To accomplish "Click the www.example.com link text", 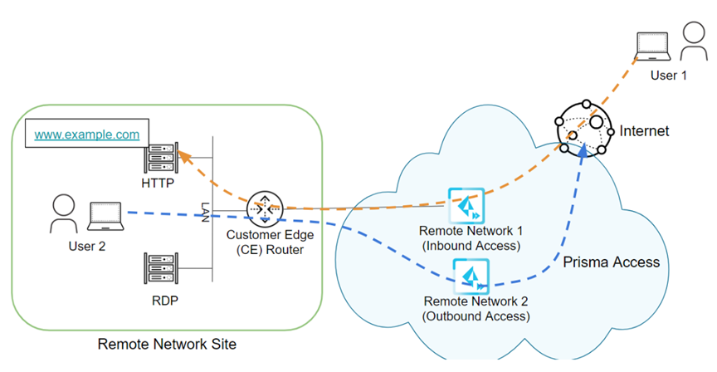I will click(x=87, y=134).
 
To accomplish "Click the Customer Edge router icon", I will click(x=262, y=209).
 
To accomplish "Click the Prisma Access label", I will click(x=611, y=262).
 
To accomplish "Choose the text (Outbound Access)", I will click(x=476, y=316).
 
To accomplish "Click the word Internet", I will click(x=644, y=130).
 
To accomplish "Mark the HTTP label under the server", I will click(x=158, y=183).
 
